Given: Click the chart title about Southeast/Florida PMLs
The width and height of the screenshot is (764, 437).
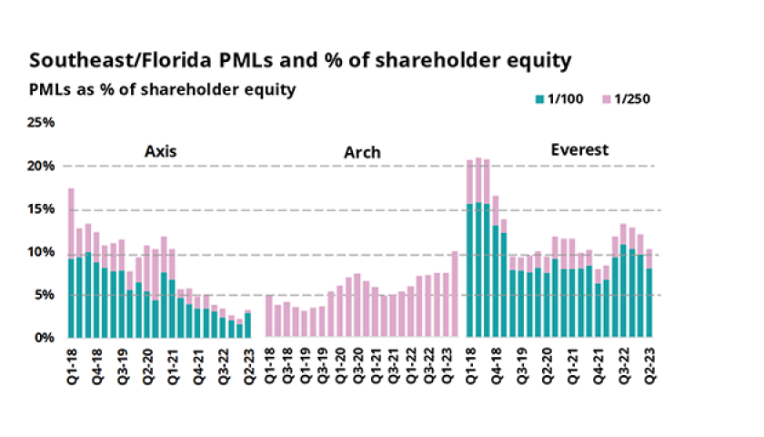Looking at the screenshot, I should pyautogui.click(x=300, y=61).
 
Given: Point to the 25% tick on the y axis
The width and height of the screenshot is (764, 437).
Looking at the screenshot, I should pyautogui.click(x=44, y=123).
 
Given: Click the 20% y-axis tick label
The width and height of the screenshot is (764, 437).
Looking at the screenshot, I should pyautogui.click(x=44, y=166).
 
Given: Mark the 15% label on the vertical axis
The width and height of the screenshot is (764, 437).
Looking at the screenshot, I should pyautogui.click(x=44, y=208).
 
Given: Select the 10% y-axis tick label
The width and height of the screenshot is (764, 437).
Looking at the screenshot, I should pyautogui.click(x=44, y=251).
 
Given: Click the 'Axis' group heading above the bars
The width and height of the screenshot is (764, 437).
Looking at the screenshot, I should pyautogui.click(x=160, y=151).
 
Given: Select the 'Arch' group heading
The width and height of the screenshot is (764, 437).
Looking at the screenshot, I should pyautogui.click(x=362, y=152).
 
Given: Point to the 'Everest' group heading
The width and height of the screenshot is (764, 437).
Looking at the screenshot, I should pyautogui.click(x=579, y=149).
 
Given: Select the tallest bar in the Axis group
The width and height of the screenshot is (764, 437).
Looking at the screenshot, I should pyautogui.click(x=71, y=264).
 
